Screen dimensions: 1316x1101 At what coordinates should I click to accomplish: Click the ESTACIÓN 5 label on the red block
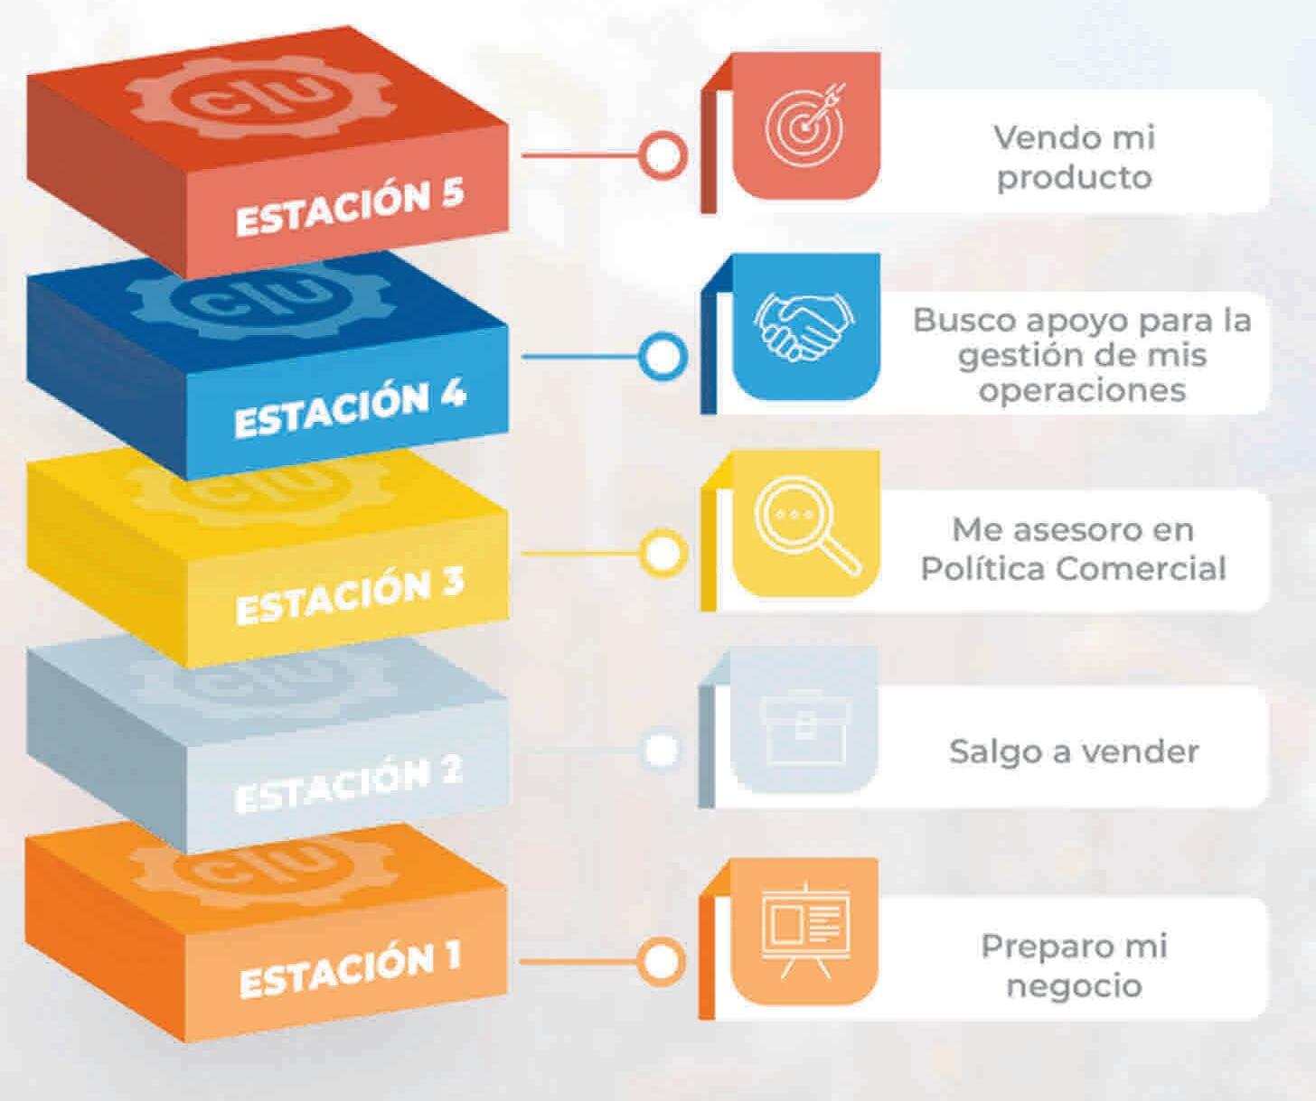(x=350, y=208)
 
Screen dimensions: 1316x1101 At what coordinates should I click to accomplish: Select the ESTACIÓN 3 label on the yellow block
(x=350, y=596)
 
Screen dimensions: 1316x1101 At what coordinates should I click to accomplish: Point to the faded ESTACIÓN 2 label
(x=348, y=785)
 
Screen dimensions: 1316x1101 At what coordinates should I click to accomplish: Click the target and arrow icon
(x=804, y=126)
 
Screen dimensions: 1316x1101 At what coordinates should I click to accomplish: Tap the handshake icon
(x=804, y=325)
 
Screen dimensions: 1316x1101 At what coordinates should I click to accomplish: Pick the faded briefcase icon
(x=804, y=728)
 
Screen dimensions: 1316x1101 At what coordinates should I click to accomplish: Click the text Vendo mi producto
(x=1074, y=157)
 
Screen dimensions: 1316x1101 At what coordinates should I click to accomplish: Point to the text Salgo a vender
(x=1074, y=751)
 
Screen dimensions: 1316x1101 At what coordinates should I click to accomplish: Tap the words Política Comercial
(x=1074, y=569)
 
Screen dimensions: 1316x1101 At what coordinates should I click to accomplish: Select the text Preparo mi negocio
(x=1074, y=966)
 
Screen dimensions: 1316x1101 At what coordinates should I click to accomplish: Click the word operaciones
(x=1082, y=391)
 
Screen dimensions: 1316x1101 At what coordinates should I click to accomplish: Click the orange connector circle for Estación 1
(x=661, y=961)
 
